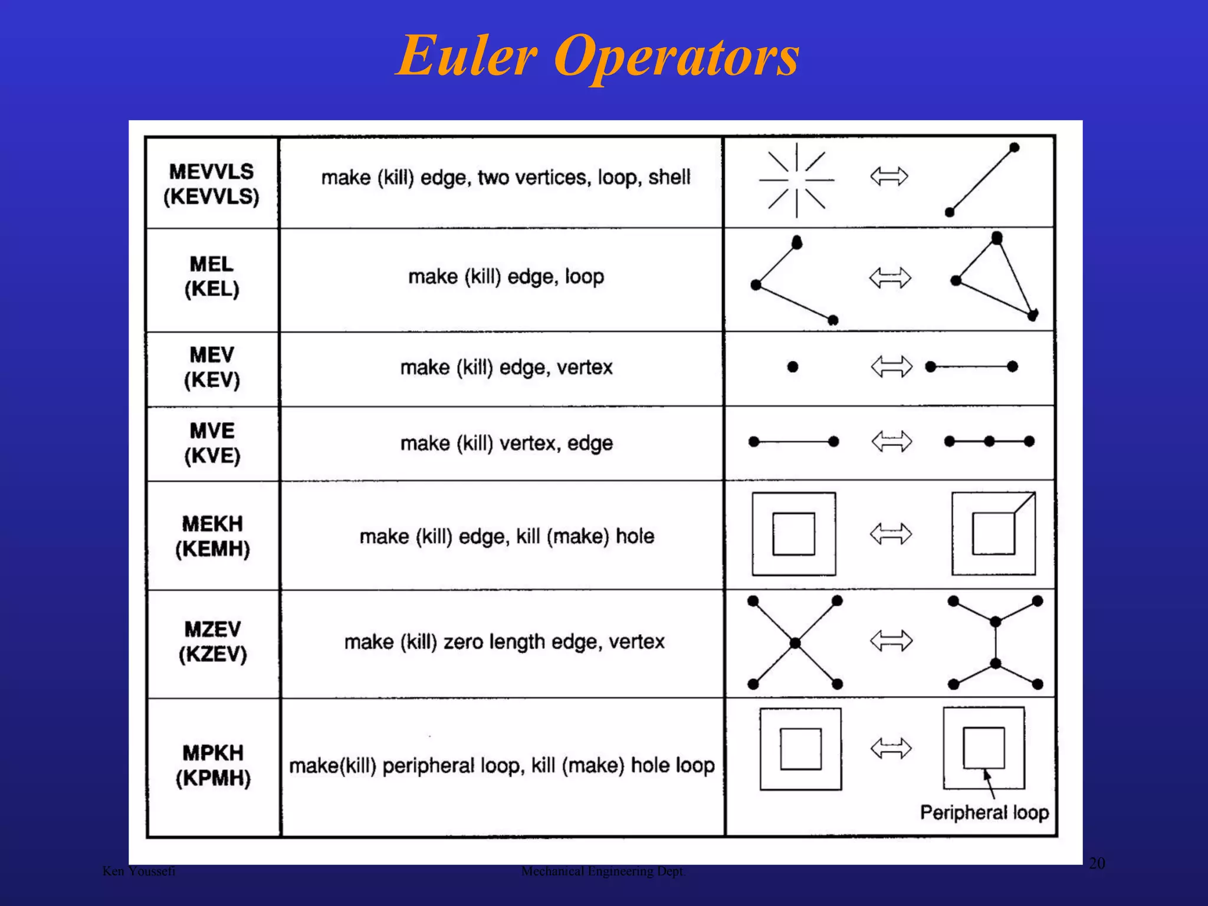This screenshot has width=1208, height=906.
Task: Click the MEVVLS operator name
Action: point(211,172)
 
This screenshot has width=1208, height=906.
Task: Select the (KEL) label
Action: point(212,289)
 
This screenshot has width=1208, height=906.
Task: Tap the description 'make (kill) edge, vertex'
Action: point(506,367)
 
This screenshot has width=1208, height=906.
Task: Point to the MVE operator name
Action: point(212,431)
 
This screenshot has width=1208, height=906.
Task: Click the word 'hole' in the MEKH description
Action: point(635,536)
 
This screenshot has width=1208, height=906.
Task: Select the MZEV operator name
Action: point(212,629)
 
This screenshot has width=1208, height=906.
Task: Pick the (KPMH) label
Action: point(213,778)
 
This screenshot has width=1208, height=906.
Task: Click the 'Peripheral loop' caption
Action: point(984,812)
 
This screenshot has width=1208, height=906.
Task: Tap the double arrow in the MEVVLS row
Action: point(889,176)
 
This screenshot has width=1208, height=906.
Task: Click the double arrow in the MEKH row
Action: point(891,534)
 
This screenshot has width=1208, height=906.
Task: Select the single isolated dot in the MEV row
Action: point(793,367)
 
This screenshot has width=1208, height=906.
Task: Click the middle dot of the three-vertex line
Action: point(989,441)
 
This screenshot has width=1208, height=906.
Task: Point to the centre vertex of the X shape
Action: point(795,643)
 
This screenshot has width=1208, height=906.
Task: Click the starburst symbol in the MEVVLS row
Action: point(796,180)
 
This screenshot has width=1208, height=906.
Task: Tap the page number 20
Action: point(1097,864)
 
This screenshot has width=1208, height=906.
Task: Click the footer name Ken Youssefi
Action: point(139,871)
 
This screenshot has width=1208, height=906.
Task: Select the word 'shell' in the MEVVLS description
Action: point(669,177)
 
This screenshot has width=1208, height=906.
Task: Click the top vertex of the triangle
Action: point(997,238)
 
